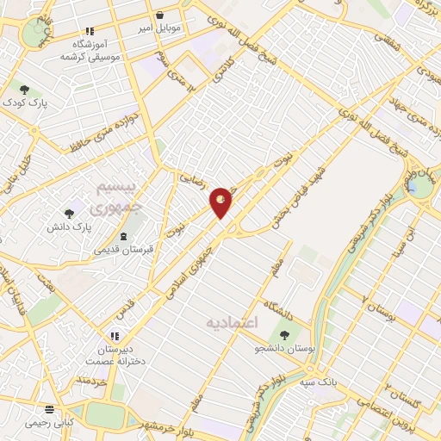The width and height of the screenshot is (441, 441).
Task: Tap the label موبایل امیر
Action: coord(160,28)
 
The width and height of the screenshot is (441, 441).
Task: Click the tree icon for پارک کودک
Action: coord(25,88)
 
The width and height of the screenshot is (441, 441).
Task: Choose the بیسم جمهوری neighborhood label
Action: coord(108,197)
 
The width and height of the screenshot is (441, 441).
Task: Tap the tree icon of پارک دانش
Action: coord(70,211)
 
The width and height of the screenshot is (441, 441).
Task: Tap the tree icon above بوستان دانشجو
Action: coord(284,334)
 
